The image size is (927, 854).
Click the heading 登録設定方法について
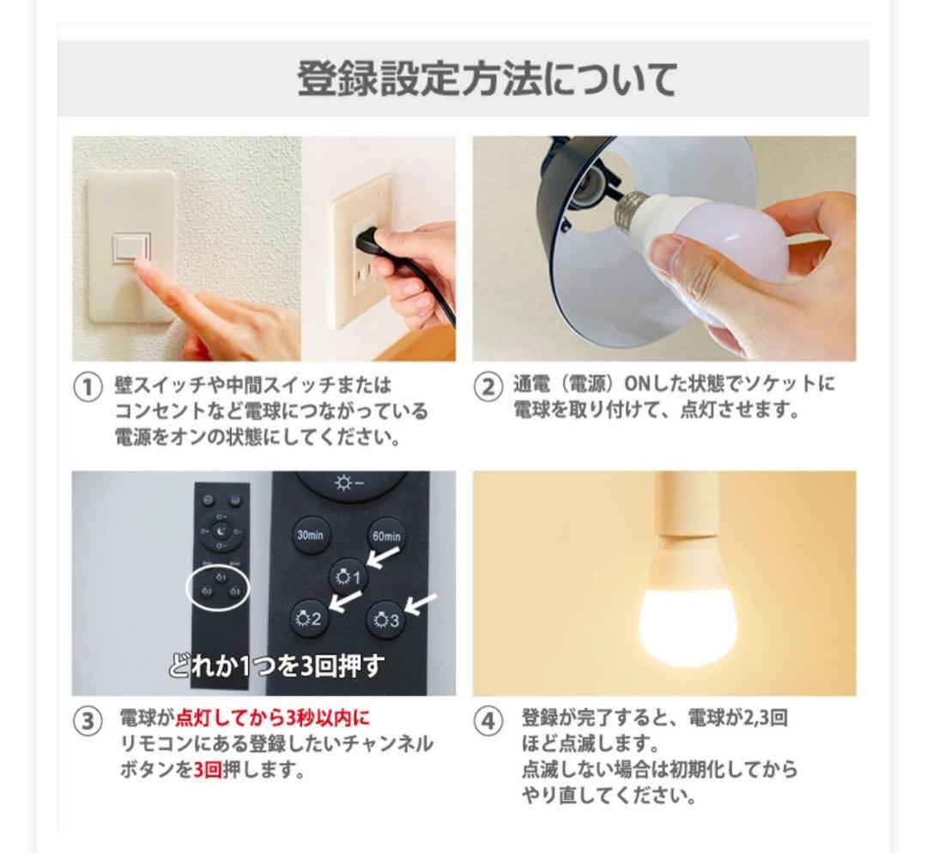487,79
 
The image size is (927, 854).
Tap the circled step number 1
88,389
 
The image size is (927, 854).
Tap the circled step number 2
488,387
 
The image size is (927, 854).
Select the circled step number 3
88,722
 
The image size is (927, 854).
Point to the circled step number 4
488,722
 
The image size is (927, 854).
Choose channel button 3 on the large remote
386,619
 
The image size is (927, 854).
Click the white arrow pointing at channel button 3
421,603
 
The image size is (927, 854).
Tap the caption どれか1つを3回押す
276,666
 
